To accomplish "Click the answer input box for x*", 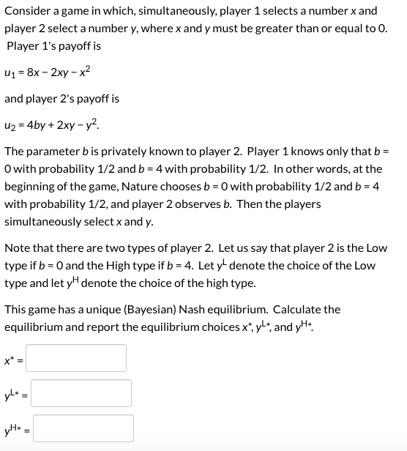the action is point(78,358).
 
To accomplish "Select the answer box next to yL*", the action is point(81,393).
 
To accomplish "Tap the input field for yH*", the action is point(83,428).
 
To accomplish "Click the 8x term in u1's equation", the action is point(31,73).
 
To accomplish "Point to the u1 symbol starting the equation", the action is point(10,74).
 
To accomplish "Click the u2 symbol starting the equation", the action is point(10,125).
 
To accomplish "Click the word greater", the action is point(274,29).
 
